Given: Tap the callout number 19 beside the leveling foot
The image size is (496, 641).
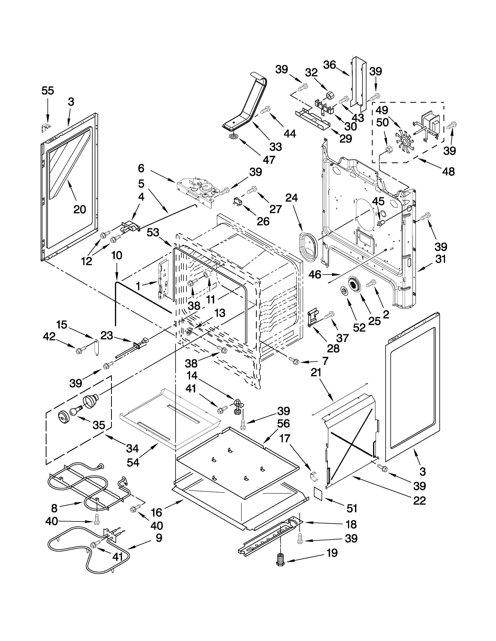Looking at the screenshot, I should (332, 553).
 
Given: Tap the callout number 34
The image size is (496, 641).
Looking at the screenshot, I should (132, 448).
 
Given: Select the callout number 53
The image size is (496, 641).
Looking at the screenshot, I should (153, 233).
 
